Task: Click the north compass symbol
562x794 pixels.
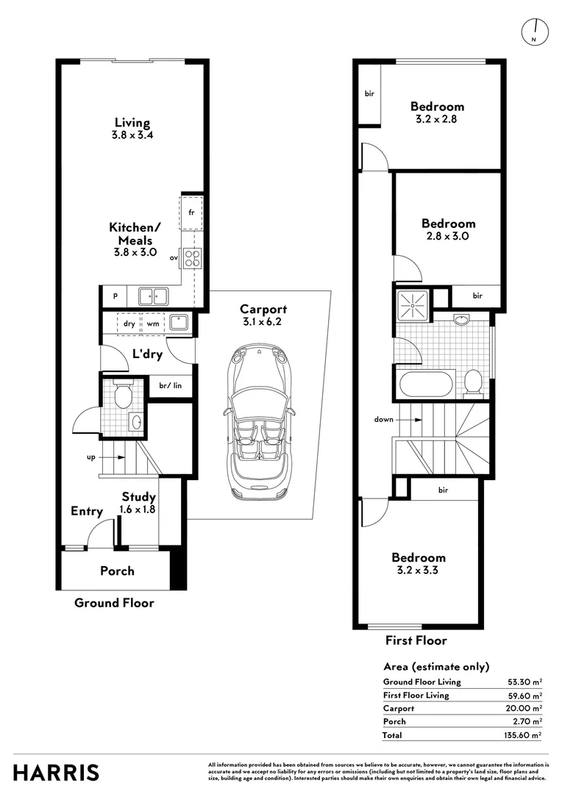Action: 535,32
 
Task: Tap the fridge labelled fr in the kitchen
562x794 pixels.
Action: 191,212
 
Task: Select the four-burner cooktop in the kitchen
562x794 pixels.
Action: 193,258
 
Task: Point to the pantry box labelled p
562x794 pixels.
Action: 115,296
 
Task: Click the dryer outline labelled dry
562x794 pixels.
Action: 129,323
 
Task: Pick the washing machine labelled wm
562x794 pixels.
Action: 153,323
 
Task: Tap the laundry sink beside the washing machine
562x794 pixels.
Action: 179,323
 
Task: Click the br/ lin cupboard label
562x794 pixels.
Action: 170,385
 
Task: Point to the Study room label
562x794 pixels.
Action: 138,497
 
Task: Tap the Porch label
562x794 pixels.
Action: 117,571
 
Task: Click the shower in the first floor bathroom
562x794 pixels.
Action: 413,306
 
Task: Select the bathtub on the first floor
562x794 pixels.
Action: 426,385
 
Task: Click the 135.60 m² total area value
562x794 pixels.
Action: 523,734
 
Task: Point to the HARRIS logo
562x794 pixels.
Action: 56,773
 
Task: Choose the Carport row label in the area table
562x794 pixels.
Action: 398,709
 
